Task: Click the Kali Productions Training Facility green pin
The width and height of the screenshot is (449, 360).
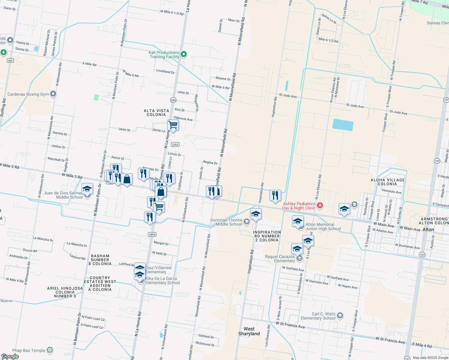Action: coord(184,54)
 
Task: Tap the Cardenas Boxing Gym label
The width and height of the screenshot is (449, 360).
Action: coord(28,94)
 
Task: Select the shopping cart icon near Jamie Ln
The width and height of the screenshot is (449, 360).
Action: coord(173,125)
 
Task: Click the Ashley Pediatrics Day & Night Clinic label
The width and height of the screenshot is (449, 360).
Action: coord(299,206)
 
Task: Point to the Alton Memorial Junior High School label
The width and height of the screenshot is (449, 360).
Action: coord(323,226)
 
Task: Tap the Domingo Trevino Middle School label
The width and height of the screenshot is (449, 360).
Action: coord(226,222)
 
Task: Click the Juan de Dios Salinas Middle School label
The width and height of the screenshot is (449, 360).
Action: coord(63,195)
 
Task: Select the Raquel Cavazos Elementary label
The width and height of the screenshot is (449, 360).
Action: coord(280,259)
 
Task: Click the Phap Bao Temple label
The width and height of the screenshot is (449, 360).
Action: coord(29,350)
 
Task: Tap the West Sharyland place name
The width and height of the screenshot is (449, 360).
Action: coord(249,331)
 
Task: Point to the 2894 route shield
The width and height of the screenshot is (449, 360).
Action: coord(152,235)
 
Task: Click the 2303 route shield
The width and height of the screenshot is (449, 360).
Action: coord(175,145)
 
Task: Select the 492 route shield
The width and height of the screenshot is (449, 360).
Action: coord(11,61)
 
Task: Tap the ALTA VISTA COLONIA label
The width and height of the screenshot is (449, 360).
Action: coord(156,112)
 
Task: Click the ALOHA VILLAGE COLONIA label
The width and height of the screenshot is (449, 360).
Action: coord(387,182)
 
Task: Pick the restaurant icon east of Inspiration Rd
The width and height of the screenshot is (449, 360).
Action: coord(275,195)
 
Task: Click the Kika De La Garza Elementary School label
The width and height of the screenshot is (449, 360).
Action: coord(163,280)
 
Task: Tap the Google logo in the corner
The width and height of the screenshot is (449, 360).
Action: coord(10,356)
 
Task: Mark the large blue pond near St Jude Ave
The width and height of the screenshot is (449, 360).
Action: coord(343,125)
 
